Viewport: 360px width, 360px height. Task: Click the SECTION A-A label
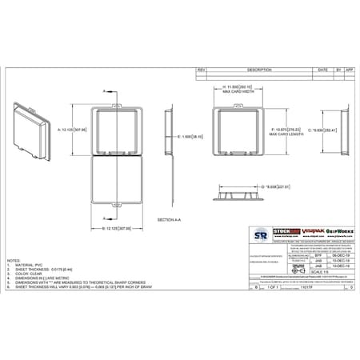click(x=170, y=219)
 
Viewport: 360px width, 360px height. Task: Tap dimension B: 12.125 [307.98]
click(x=118, y=228)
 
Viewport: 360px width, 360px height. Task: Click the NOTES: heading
click(x=14, y=261)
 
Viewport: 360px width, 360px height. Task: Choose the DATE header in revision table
click(x=323, y=70)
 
